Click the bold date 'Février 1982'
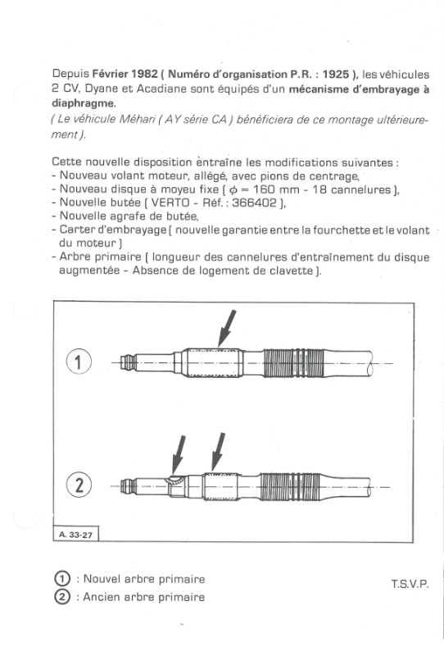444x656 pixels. point(125,74)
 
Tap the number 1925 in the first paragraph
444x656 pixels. point(336,74)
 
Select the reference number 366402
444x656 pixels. point(254,203)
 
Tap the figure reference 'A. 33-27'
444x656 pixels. point(75,535)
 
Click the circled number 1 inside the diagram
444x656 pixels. point(79,362)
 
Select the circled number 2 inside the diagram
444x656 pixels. point(79,485)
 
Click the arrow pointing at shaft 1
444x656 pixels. point(227,329)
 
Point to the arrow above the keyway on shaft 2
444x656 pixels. point(179,454)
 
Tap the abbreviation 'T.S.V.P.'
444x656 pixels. point(410,584)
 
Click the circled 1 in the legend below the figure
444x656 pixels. point(62,579)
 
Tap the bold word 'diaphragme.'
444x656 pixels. point(84,103)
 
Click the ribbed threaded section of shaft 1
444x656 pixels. point(293,362)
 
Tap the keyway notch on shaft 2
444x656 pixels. point(175,481)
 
